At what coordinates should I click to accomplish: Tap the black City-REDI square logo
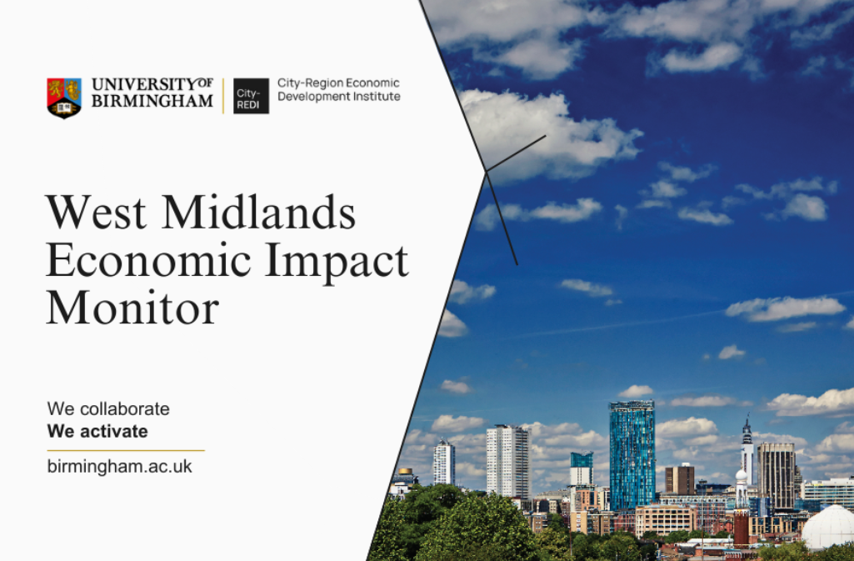[251, 96]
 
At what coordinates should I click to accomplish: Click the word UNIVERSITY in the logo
[144, 84]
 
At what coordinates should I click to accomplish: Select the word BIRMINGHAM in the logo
[152, 102]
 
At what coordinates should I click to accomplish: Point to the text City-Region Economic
[338, 83]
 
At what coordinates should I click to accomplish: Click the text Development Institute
[339, 97]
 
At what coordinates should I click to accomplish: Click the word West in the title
[97, 213]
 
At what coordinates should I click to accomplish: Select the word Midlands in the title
[259, 212]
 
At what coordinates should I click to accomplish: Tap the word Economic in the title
[148, 260]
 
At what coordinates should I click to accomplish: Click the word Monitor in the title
[132, 308]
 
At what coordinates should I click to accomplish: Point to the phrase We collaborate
[108, 408]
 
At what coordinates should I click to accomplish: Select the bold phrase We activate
[97, 431]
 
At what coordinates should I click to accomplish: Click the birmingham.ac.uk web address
[120, 467]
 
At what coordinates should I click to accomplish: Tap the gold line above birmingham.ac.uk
[126, 450]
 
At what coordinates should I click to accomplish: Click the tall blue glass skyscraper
[632, 455]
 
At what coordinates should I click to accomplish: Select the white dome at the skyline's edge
[828, 527]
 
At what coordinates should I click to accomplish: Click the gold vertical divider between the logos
[223, 96]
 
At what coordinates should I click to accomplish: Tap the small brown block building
[680, 478]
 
